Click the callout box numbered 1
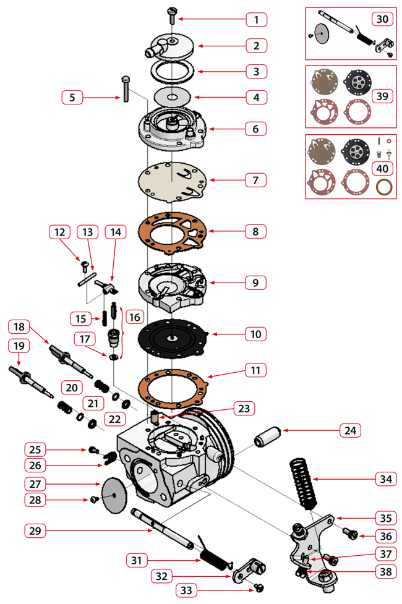coord(255,20)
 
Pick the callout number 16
coord(135,316)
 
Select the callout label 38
coord(385,572)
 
